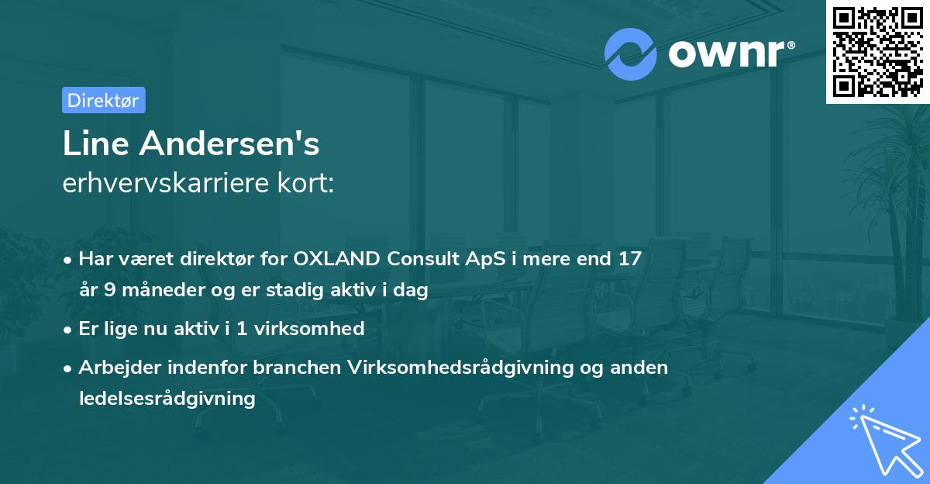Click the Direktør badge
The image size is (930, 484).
[x=103, y=100]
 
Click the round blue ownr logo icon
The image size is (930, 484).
[x=631, y=54]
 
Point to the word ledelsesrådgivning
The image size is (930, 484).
[x=167, y=399]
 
